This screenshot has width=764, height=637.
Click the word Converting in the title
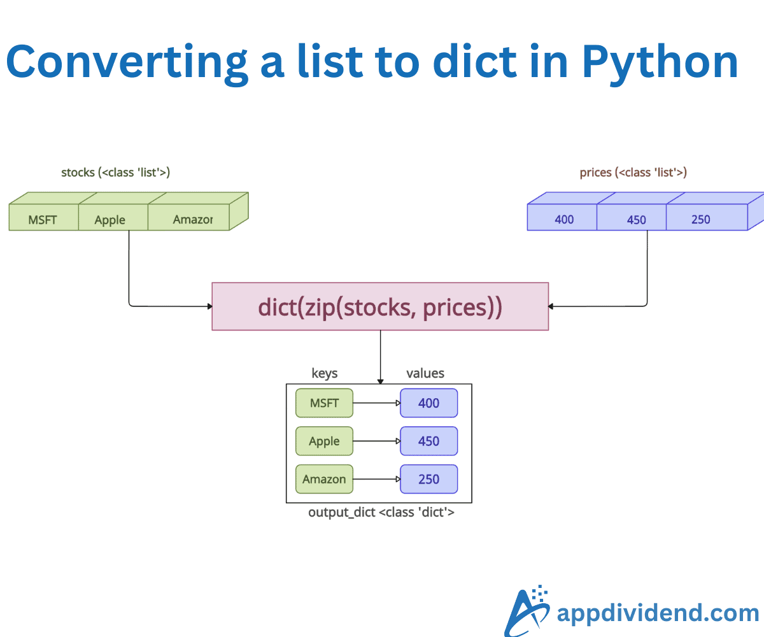click(x=127, y=62)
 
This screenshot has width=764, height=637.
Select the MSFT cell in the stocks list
click(x=43, y=219)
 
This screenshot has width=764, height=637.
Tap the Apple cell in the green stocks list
click(x=111, y=219)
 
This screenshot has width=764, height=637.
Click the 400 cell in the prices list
click(x=563, y=219)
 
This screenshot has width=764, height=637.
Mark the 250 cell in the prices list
click(x=702, y=219)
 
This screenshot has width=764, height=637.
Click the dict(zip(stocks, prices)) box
click(x=380, y=307)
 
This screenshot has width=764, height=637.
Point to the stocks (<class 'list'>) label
click(x=115, y=172)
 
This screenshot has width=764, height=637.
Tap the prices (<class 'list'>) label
click(x=633, y=172)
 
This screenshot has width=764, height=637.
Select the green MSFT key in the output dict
click(x=324, y=403)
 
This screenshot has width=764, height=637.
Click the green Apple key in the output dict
click(x=324, y=441)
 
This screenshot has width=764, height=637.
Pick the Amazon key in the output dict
click(x=324, y=479)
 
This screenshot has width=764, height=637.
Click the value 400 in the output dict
click(x=428, y=403)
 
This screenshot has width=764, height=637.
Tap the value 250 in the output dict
click(x=428, y=479)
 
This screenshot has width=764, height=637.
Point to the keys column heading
click(x=324, y=373)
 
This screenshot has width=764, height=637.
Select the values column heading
click(x=425, y=373)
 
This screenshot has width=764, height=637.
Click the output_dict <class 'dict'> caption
click(x=381, y=512)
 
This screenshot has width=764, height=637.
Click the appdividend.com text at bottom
click(x=657, y=613)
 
